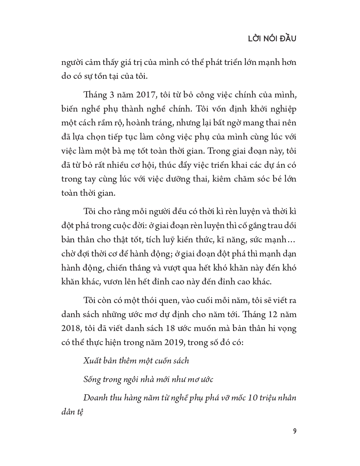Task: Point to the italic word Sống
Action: tap(92, 380)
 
